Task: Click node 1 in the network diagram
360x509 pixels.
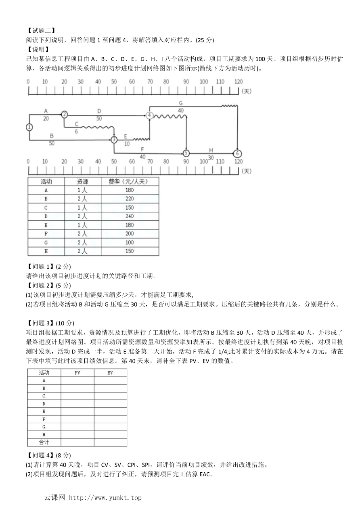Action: [x=29, y=127]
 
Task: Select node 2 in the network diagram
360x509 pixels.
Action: [x=65, y=114]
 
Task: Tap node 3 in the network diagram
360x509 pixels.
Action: [x=114, y=140]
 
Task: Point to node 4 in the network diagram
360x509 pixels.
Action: [x=149, y=115]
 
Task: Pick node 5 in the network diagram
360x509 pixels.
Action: [x=186, y=153]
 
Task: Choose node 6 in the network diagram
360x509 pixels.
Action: [x=238, y=153]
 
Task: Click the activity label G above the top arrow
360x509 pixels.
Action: [x=180, y=103]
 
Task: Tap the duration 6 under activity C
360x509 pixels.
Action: [x=76, y=131]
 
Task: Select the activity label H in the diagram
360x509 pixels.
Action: [x=211, y=150]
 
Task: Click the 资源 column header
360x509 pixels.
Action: [x=82, y=181]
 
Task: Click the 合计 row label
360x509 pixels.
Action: [x=44, y=442]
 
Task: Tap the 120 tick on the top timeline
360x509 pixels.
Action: [x=238, y=82]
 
